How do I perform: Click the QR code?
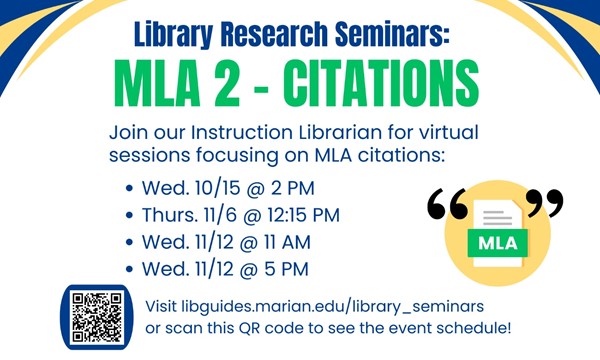tap(97, 318)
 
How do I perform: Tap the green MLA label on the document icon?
tap(497, 243)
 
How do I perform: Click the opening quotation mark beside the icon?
tap(447, 204)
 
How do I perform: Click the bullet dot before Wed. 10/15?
tap(132, 189)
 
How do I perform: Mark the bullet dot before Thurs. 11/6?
tap(132, 216)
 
